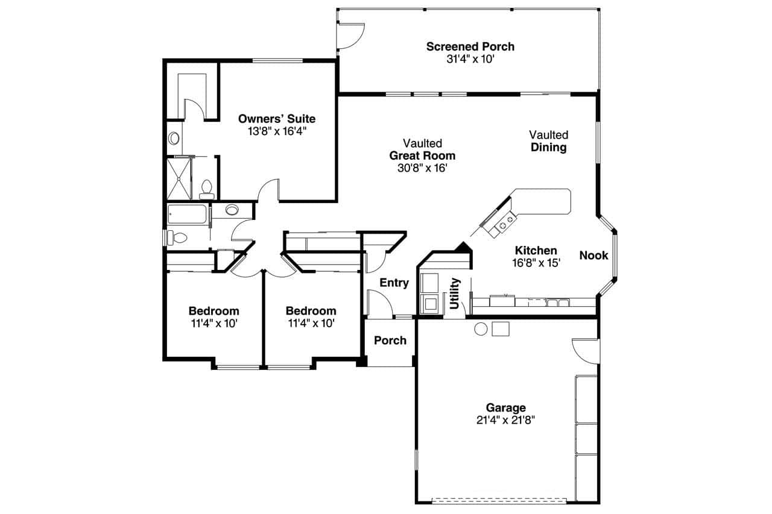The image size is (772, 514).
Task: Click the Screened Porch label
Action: click(x=470, y=46)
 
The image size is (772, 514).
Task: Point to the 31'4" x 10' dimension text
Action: click(x=470, y=59)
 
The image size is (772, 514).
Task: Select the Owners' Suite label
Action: click(x=276, y=119)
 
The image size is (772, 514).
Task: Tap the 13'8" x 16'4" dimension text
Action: click(x=276, y=131)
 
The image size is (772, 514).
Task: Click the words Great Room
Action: click(x=422, y=155)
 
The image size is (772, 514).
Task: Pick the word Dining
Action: click(x=548, y=147)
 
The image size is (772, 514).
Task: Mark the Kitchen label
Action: click(x=536, y=251)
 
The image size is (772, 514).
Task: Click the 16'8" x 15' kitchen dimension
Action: click(x=536, y=263)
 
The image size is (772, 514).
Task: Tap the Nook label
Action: click(x=593, y=255)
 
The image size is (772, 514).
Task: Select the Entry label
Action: click(x=394, y=283)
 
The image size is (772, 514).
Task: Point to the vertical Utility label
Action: click(x=455, y=293)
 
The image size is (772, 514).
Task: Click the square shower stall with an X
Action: click(x=179, y=178)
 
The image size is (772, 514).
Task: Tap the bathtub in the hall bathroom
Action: click(x=188, y=215)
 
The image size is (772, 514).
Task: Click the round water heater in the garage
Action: click(x=481, y=328)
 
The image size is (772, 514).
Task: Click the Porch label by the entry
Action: click(x=390, y=340)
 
